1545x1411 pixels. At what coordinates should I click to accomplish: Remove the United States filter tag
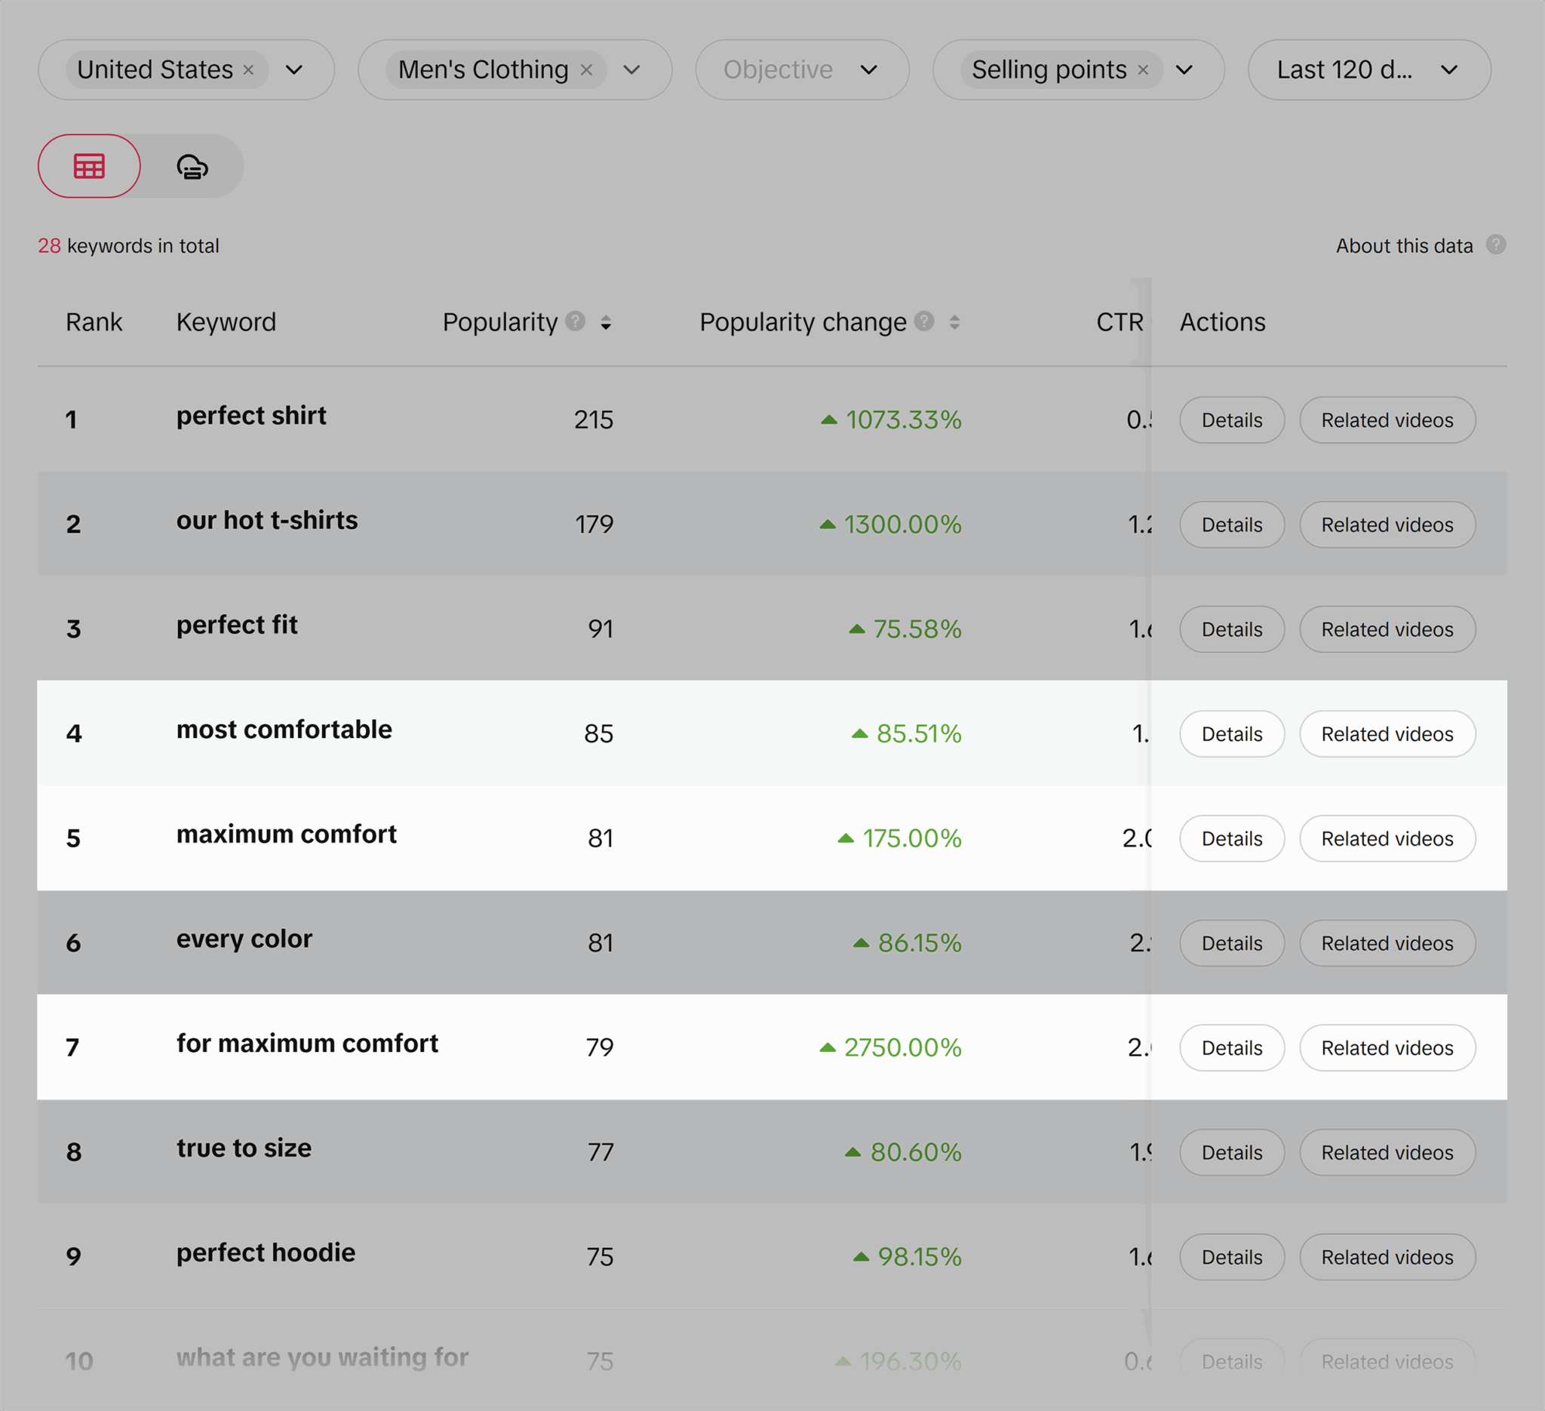point(248,69)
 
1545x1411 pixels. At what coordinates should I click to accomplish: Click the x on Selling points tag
point(1143,69)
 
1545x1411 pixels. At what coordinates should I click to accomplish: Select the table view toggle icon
point(89,166)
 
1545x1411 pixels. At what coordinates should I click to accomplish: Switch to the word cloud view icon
point(192,166)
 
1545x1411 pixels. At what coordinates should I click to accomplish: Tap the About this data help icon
point(1495,244)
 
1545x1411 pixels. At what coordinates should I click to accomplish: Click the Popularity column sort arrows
point(606,323)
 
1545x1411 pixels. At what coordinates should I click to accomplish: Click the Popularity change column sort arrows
point(954,323)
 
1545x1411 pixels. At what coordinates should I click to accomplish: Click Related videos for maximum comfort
point(1387,838)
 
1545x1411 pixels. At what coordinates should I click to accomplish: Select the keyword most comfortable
point(284,730)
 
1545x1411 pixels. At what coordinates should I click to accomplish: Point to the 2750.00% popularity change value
point(902,1048)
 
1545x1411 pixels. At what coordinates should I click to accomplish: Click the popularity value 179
point(594,524)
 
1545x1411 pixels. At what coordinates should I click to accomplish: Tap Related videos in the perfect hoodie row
point(1387,1257)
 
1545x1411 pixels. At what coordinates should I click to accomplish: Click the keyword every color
point(244,939)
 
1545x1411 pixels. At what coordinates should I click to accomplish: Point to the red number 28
point(49,246)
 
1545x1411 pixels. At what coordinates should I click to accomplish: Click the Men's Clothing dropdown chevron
point(631,69)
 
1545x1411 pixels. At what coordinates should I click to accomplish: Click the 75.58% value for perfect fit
point(917,629)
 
